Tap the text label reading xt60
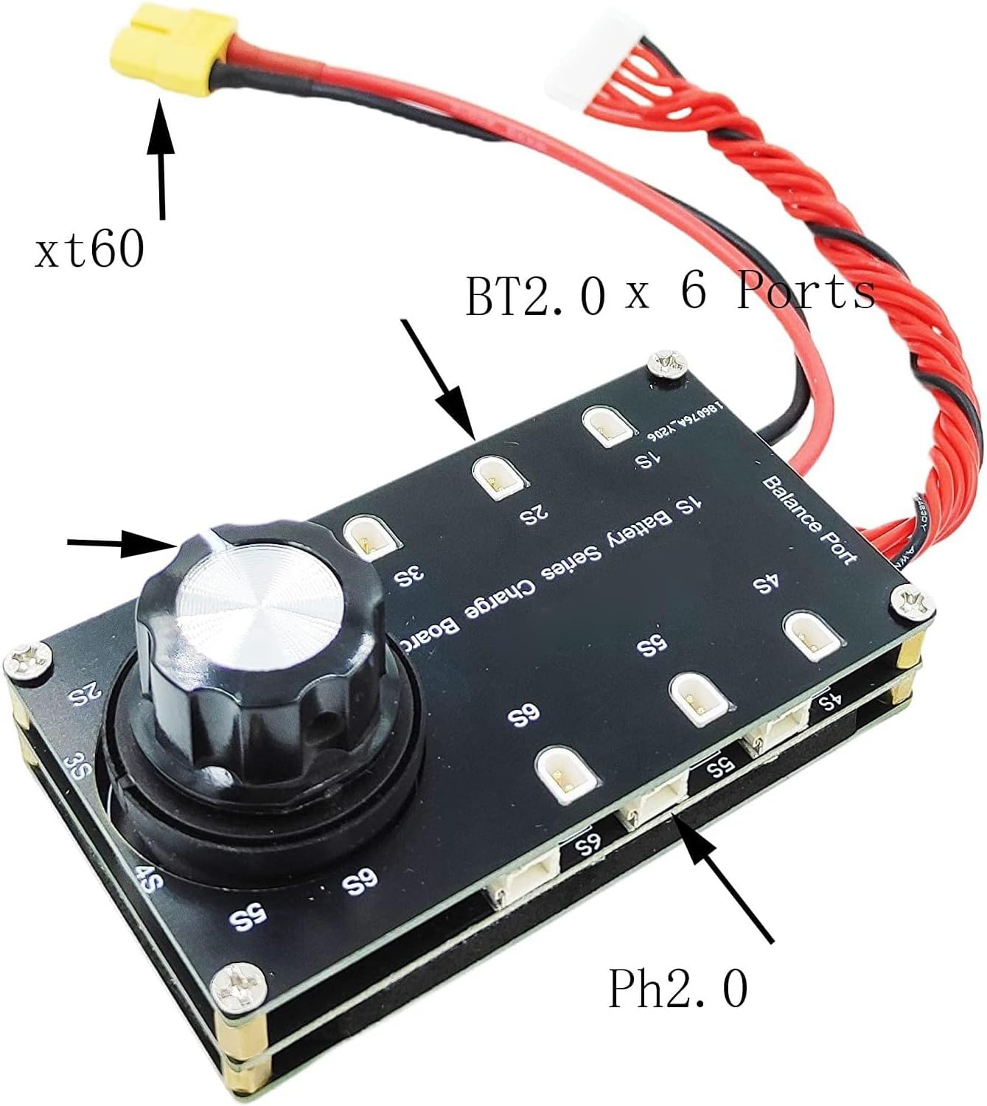click(89, 250)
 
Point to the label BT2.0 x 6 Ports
click(669, 294)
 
